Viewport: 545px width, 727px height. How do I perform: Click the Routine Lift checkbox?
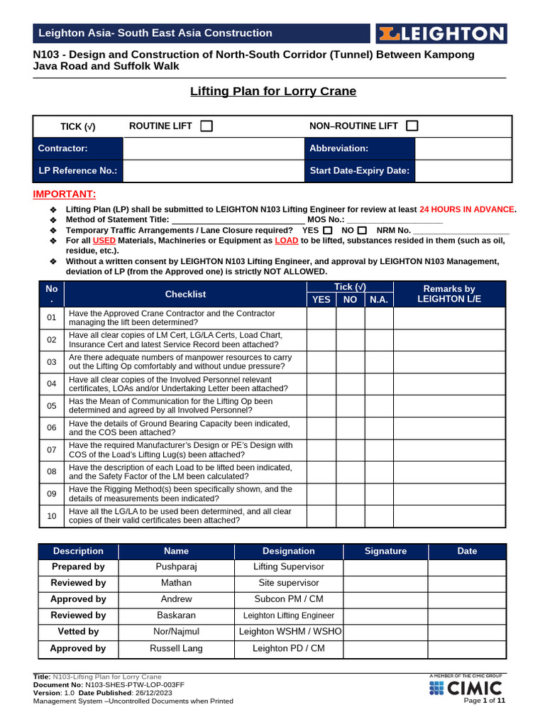click(x=207, y=126)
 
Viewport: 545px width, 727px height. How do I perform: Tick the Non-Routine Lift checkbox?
click(x=412, y=126)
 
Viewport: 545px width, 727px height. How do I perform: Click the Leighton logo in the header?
click(x=441, y=33)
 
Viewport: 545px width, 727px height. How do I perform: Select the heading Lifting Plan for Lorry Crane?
click(x=273, y=92)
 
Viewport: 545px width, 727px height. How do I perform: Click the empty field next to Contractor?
click(x=214, y=148)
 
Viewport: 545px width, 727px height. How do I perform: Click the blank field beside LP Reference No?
click(x=214, y=171)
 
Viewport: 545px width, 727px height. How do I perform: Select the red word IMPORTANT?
click(x=65, y=195)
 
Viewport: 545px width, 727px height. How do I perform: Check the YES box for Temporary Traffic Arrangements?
click(x=327, y=231)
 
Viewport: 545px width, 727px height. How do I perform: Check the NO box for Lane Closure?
click(x=362, y=231)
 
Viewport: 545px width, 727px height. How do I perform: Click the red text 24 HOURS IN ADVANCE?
click(x=467, y=209)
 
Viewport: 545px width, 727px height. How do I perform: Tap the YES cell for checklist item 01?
click(x=321, y=318)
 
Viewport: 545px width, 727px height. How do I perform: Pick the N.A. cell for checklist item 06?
click(x=379, y=428)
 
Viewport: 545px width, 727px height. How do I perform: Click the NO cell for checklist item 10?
click(x=350, y=516)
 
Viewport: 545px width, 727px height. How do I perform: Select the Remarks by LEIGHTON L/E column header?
click(x=448, y=294)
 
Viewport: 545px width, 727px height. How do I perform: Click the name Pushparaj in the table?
click(x=176, y=567)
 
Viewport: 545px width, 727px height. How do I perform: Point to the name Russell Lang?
click(x=176, y=648)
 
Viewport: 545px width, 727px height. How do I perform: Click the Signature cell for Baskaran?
click(x=385, y=616)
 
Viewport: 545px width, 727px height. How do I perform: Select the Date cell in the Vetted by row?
click(x=467, y=632)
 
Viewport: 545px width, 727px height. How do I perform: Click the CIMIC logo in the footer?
click(x=466, y=688)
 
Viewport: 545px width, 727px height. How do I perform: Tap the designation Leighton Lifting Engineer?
click(x=288, y=616)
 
